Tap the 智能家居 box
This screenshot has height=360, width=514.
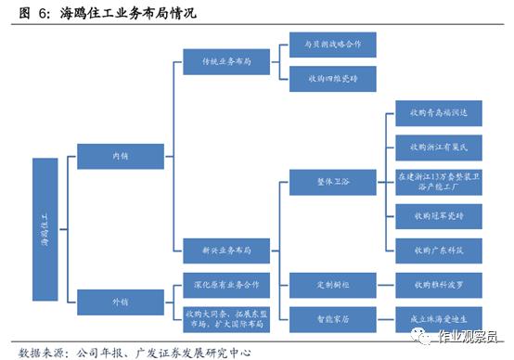tap(321, 316)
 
